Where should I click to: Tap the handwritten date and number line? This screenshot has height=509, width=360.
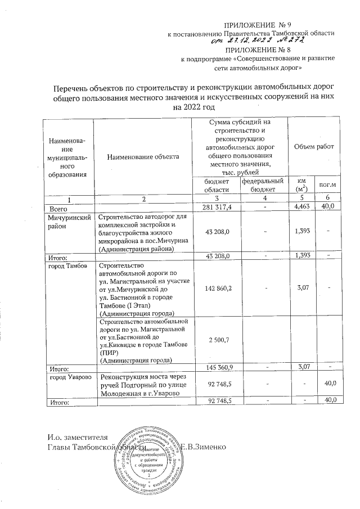point(258,40)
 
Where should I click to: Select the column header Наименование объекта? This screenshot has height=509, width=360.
point(143,157)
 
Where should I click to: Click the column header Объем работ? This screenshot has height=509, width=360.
point(314,146)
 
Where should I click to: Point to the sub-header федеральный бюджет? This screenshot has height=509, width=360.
point(263,185)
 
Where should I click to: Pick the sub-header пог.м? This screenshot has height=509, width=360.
point(327,185)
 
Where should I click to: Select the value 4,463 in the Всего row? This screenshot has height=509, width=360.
point(302,207)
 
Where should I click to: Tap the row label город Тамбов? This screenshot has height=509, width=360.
point(67,265)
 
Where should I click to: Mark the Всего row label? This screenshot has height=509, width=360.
point(59,208)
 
